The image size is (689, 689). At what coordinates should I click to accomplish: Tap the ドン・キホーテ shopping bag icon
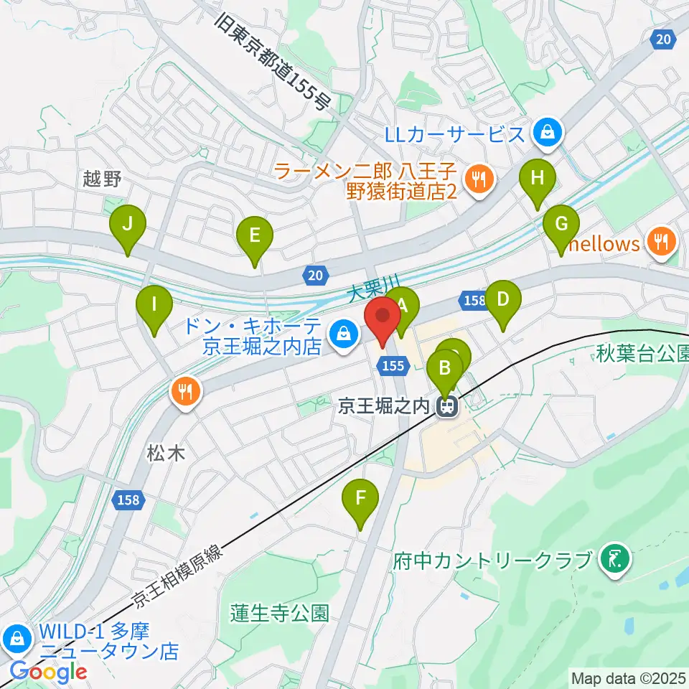pyautogui.click(x=344, y=333)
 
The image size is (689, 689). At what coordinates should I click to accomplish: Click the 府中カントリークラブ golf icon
pyautogui.click(x=616, y=559)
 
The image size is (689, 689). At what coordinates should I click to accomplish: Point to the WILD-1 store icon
pyautogui.click(x=15, y=637)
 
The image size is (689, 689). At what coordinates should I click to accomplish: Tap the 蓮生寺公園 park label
pyautogui.click(x=280, y=613)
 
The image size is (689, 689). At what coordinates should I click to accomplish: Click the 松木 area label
pyautogui.click(x=167, y=453)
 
